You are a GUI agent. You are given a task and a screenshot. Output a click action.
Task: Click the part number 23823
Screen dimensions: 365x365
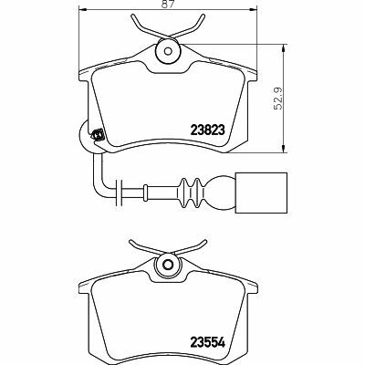click(208, 130)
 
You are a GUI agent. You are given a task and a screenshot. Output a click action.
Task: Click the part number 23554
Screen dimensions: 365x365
click(208, 343)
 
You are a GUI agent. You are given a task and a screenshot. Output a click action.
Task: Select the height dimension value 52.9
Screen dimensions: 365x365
click(277, 99)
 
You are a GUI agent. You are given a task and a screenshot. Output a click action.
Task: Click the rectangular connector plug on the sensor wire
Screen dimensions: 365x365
click(261, 193)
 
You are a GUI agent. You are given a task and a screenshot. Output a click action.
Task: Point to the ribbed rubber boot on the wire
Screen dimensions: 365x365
click(191, 193)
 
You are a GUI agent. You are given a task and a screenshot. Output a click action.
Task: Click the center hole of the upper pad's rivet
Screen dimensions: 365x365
click(168, 51)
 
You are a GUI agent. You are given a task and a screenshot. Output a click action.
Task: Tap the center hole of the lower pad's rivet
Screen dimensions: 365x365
click(168, 264)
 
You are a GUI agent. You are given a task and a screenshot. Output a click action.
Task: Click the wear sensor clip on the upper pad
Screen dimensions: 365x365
click(98, 134)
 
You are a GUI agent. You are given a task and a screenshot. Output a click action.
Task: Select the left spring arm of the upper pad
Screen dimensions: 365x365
click(146, 26)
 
